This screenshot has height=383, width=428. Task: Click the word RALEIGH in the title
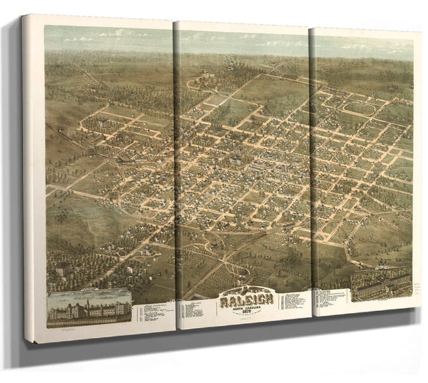click(246, 300)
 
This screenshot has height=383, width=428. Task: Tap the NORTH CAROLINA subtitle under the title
click(246, 307)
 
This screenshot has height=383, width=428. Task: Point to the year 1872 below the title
click(246, 312)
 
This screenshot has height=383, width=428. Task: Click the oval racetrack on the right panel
click(361, 108)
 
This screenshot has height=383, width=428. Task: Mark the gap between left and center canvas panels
click(175, 178)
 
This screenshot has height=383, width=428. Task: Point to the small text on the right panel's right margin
click(415, 285)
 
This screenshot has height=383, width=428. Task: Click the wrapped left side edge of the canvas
click(33, 178)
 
